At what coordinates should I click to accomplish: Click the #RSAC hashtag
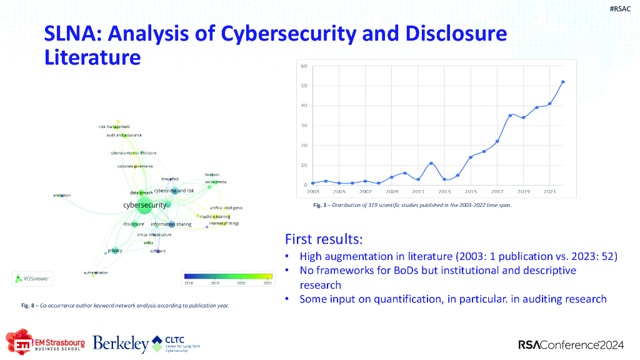pos(620,9)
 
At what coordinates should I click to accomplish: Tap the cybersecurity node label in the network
pos(144,205)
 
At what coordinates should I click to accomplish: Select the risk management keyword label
pos(114,127)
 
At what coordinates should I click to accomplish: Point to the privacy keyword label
pos(114,250)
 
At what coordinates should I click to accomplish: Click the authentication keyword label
pos(96,273)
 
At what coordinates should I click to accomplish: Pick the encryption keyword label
pos(62,196)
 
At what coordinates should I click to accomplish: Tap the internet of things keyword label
pos(224,223)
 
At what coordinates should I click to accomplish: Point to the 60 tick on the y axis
pos(303,66)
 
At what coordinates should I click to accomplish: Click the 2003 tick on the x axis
pos(313,191)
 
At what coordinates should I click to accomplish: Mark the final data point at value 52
pos(563,82)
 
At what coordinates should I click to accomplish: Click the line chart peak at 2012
pos(431,163)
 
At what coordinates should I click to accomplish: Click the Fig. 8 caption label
pos(29,306)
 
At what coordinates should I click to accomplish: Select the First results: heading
pos(324,239)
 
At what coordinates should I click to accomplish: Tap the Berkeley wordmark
pos(121,343)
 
